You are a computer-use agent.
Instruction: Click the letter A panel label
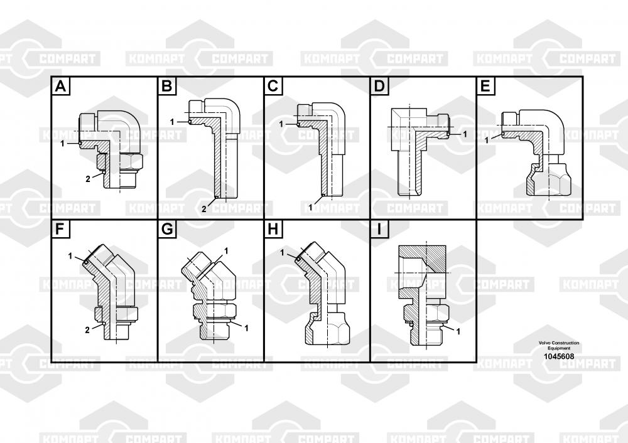pyautogui.click(x=60, y=86)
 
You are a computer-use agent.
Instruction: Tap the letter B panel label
pyautogui.click(x=166, y=86)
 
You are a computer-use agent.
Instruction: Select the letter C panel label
pyautogui.click(x=273, y=86)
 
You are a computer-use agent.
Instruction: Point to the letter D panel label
pyautogui.click(x=379, y=86)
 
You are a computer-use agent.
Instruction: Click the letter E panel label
pyautogui.click(x=485, y=86)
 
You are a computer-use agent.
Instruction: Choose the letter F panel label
pyautogui.click(x=60, y=229)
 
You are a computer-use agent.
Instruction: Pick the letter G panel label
pyautogui.click(x=166, y=229)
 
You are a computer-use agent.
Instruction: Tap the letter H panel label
pyautogui.click(x=273, y=229)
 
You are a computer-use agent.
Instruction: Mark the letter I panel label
pyautogui.click(x=379, y=229)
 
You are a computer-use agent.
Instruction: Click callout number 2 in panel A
pyautogui.click(x=88, y=179)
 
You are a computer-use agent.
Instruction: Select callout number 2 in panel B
pyautogui.click(x=204, y=208)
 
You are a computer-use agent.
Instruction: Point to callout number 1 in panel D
pyautogui.click(x=465, y=134)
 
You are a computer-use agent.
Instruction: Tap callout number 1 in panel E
pyautogui.click(x=487, y=138)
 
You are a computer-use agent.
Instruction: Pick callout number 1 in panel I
pyautogui.click(x=458, y=331)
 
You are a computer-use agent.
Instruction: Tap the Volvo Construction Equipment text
pyautogui.click(x=558, y=345)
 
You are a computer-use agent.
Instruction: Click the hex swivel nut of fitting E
pyautogui.click(x=548, y=180)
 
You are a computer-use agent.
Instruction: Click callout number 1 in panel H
pyautogui.click(x=283, y=252)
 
